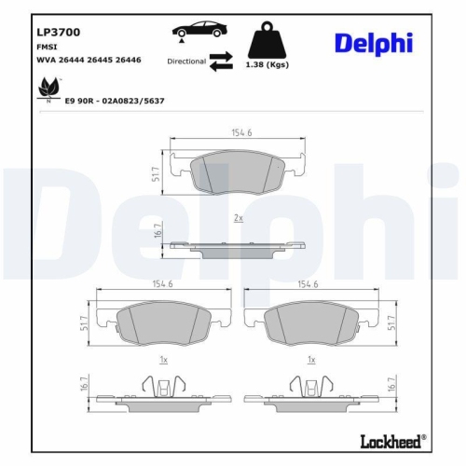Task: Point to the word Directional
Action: (186, 61)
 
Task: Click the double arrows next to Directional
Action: (221, 62)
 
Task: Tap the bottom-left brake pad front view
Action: (164, 322)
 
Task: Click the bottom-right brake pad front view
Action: (311, 322)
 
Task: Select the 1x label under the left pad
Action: (164, 359)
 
